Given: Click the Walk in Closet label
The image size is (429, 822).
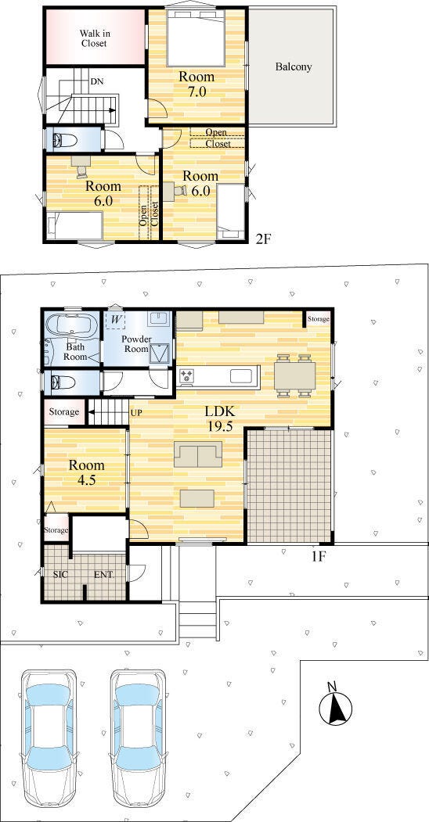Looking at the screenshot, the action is [x=94, y=38].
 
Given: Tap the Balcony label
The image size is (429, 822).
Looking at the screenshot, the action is [x=293, y=66].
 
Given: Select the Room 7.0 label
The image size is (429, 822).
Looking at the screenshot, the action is [x=196, y=84].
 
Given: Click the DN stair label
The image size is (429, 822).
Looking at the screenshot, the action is [x=96, y=81].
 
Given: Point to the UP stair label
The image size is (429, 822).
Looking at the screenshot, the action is [x=136, y=413].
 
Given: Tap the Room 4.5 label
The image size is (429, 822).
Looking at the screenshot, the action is [x=87, y=472].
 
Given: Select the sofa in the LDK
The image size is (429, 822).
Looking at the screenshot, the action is [x=198, y=454].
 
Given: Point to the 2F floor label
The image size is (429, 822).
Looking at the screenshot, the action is [x=263, y=239].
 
